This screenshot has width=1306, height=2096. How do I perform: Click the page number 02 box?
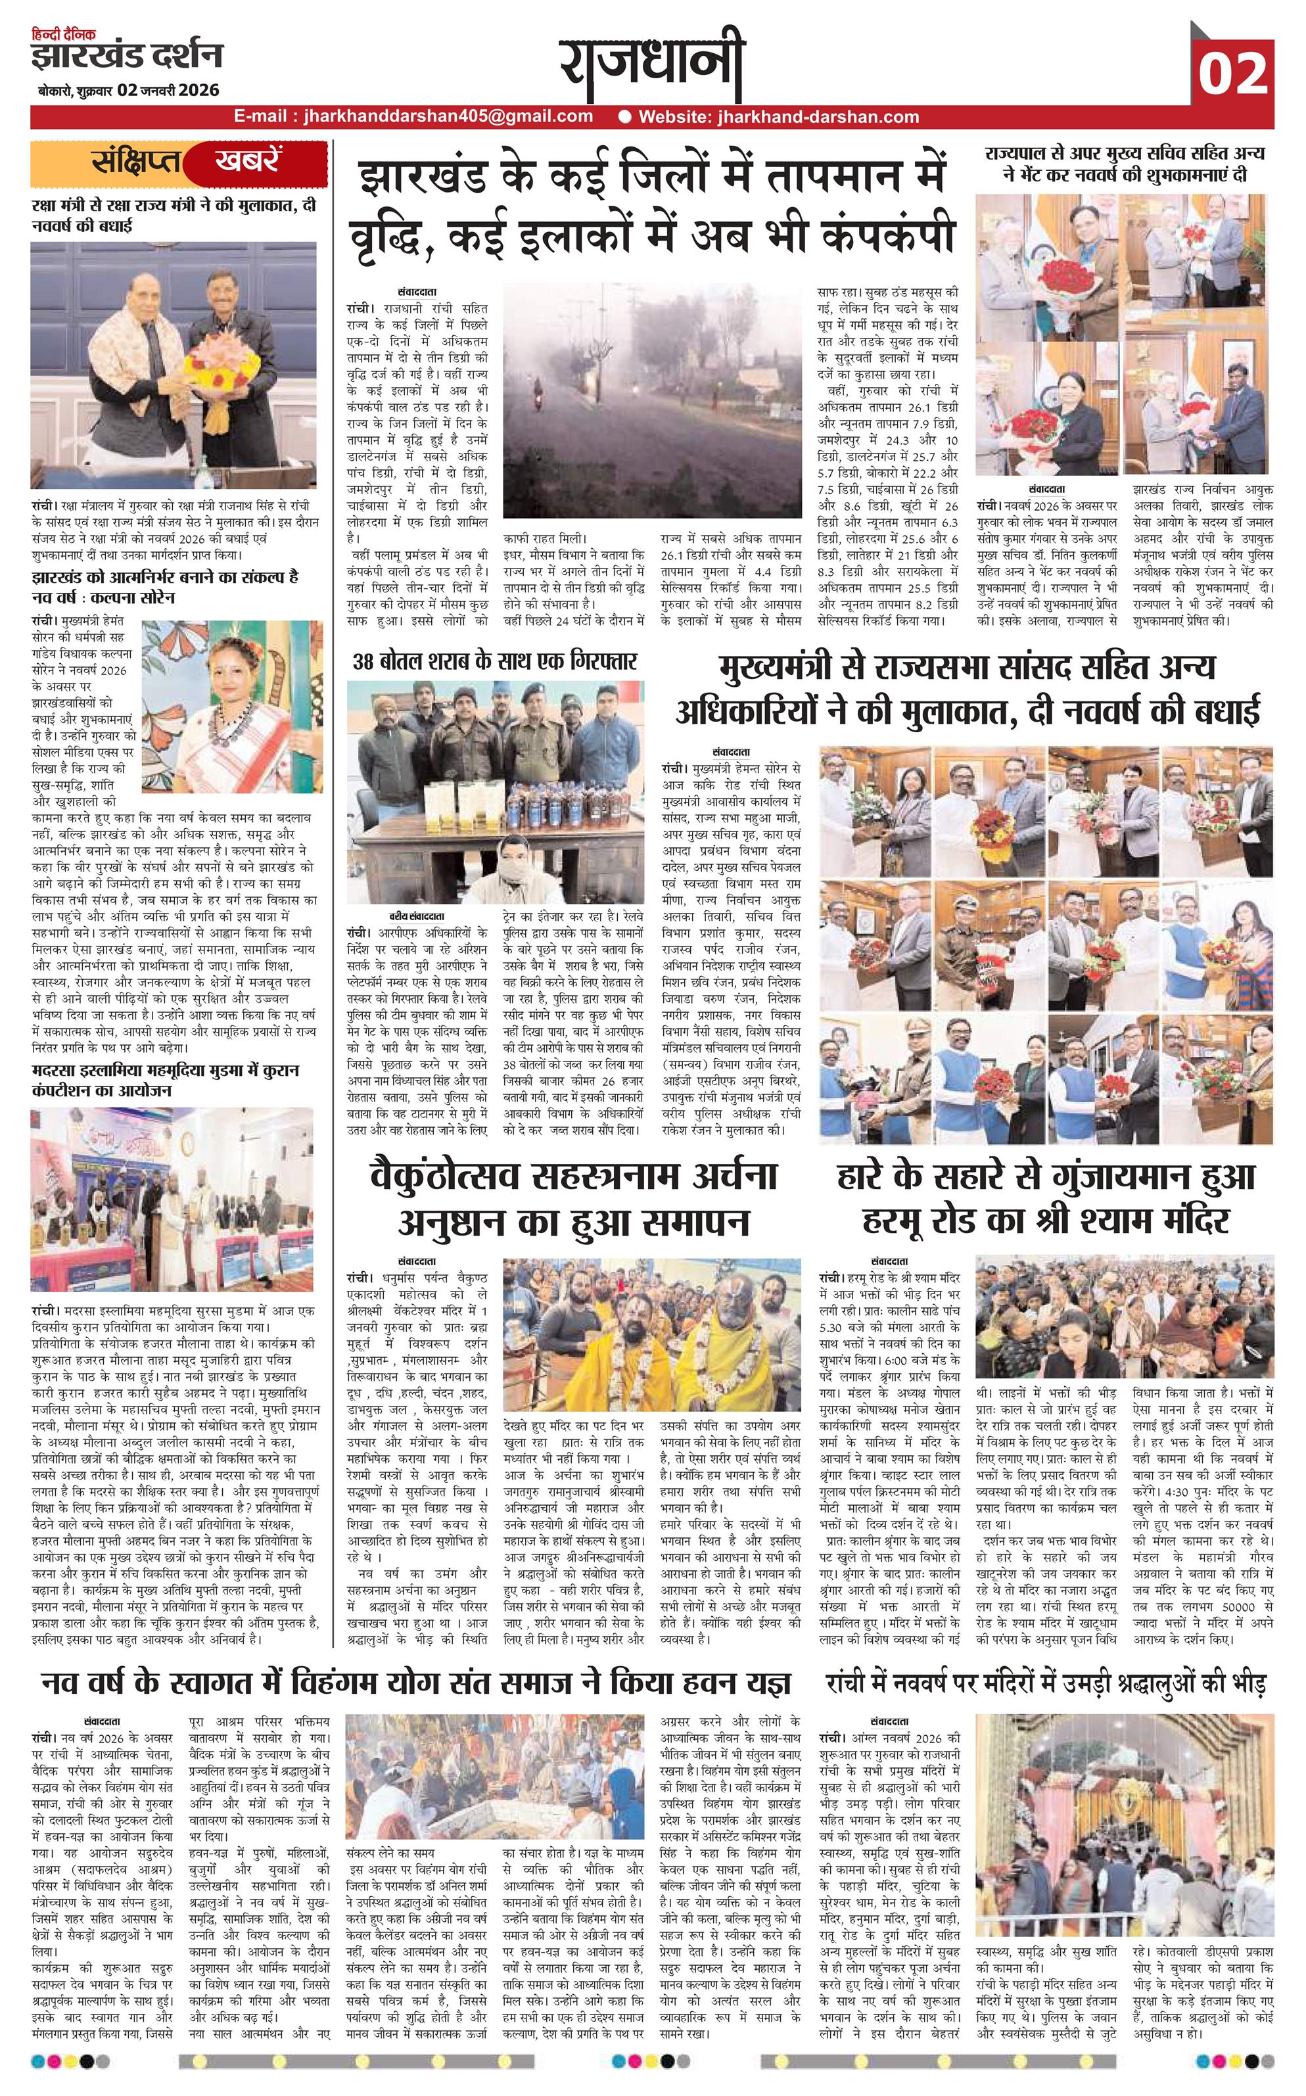1234,74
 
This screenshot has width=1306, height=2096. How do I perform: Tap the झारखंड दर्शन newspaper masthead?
126,56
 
